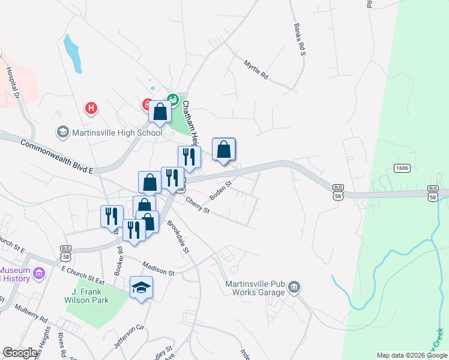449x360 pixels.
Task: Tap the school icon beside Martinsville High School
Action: point(62,131)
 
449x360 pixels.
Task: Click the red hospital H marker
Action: point(91,109)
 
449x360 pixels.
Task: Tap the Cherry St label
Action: point(197,206)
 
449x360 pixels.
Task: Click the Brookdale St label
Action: point(178,237)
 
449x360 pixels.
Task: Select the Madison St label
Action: point(158,268)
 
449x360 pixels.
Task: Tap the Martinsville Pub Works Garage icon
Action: point(294,288)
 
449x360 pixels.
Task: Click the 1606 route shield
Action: point(402,168)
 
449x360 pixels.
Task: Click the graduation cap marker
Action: point(141,288)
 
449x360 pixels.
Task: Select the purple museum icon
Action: point(40,274)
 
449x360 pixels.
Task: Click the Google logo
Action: point(19,353)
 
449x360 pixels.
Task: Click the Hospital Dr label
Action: point(14,82)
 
